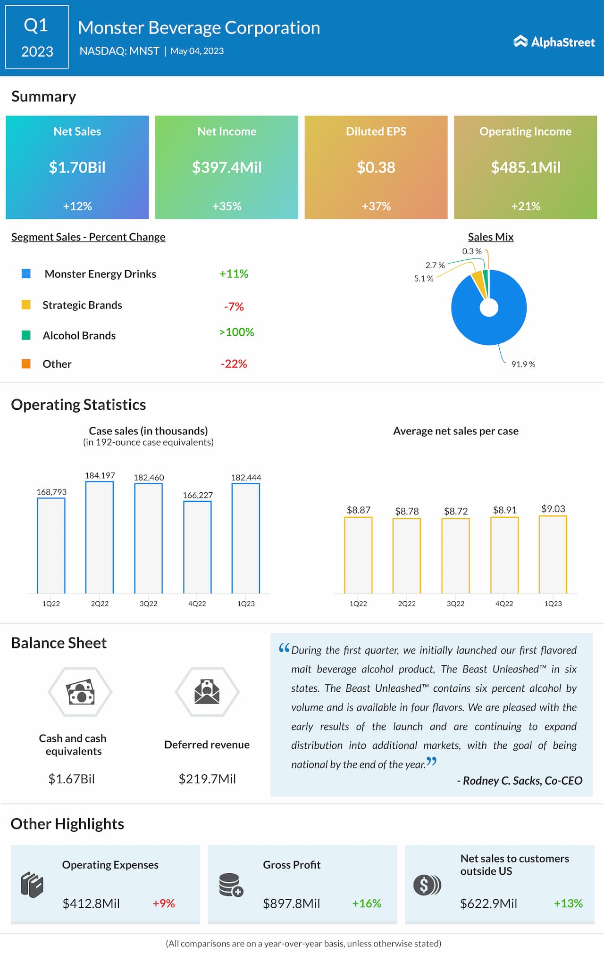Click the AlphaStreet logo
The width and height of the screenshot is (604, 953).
(x=554, y=42)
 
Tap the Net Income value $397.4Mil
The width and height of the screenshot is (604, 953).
(x=226, y=167)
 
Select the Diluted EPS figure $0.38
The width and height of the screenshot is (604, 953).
(x=376, y=167)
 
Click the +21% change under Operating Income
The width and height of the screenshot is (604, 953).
(x=526, y=206)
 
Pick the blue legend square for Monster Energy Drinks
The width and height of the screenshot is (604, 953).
(x=26, y=273)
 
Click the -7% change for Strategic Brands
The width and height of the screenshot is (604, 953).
(x=234, y=307)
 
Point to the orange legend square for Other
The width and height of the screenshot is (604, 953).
(x=26, y=364)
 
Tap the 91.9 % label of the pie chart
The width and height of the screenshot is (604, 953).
(x=523, y=365)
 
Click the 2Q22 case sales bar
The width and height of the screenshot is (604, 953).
(x=100, y=538)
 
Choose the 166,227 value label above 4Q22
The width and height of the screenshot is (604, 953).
(x=198, y=495)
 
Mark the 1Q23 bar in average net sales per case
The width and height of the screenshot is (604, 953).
(x=553, y=555)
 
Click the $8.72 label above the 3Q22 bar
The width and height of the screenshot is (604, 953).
(x=456, y=511)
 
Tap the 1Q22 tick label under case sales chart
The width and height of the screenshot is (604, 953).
(x=51, y=604)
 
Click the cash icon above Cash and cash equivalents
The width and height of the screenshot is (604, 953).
(x=80, y=692)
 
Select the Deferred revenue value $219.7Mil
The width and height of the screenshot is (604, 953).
(x=207, y=779)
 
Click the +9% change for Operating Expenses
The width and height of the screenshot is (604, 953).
(x=164, y=903)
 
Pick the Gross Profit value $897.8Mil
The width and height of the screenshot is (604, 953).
(x=291, y=903)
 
